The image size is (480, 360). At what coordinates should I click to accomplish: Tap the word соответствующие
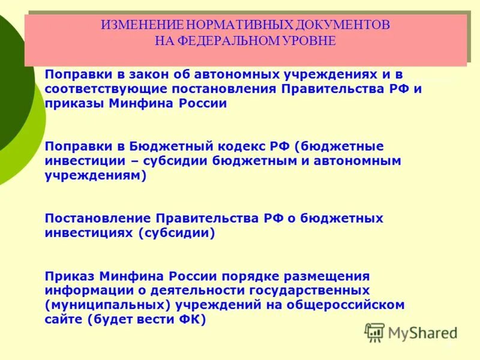tap(106, 89)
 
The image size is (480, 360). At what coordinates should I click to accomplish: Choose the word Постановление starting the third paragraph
tap(98, 218)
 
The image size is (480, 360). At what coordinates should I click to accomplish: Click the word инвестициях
tap(88, 233)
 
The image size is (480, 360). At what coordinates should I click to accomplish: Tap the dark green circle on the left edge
tap(12, 84)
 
